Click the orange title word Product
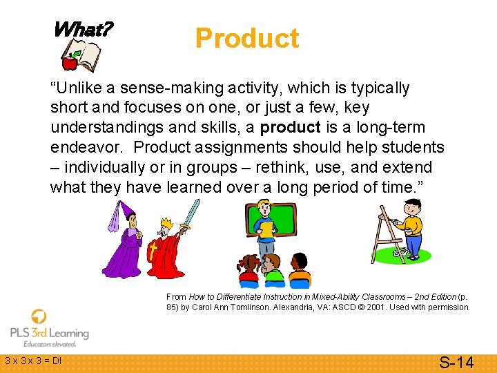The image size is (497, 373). click(247, 38)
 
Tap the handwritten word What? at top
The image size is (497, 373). click(83, 29)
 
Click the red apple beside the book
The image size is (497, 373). click(69, 63)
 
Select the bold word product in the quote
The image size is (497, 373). click(291, 127)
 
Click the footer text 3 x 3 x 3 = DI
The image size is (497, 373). click(33, 361)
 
